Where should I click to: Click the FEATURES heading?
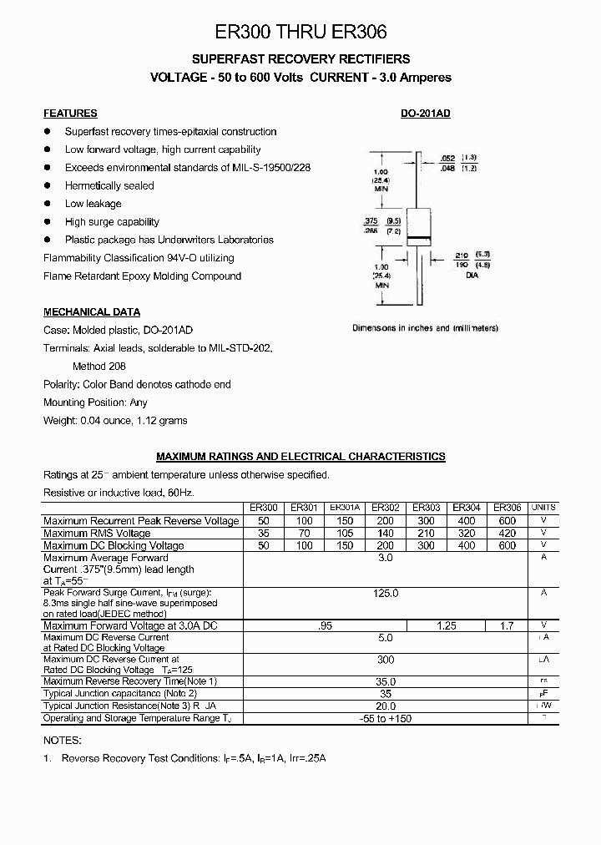(70, 114)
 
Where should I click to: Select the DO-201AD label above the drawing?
(426, 114)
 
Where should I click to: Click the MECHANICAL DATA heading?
(92, 312)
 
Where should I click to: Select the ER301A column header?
(345, 508)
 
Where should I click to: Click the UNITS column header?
(543, 508)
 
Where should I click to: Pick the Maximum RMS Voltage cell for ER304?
(467, 533)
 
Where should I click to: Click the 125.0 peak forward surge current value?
(385, 592)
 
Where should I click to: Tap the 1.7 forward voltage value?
(507, 625)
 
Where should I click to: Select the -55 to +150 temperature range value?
(385, 718)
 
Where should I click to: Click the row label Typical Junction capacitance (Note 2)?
(120, 694)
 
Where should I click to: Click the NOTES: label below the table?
(62, 740)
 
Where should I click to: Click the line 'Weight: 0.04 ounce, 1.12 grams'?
(115, 421)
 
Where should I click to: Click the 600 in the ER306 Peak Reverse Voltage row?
(507, 520)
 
